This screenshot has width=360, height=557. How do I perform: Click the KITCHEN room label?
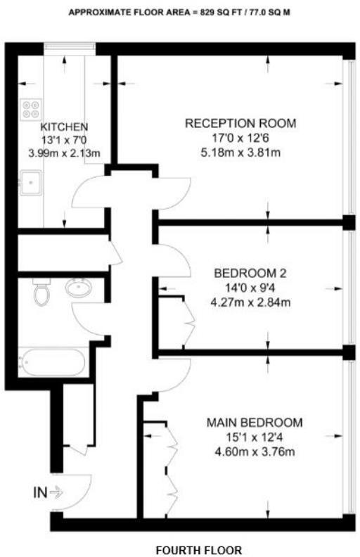coord(64,127)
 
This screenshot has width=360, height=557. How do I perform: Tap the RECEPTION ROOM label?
coord(240,123)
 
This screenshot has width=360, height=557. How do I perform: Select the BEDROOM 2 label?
coord(240,273)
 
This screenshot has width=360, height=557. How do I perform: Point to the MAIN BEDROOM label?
coord(255,423)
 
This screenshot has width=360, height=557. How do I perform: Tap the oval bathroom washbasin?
coord(77,288)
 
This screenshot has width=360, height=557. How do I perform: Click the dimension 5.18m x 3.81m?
coord(240,152)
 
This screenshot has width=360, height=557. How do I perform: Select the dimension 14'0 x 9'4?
coord(240,288)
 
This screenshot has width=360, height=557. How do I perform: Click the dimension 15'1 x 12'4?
coord(255,437)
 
